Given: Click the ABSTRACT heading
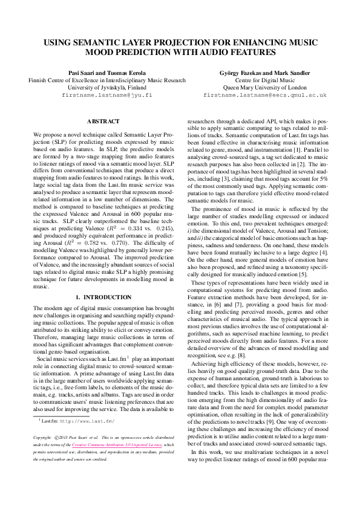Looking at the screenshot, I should click(x=103, y=122).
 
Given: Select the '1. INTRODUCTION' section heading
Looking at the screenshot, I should click(x=103, y=297).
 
